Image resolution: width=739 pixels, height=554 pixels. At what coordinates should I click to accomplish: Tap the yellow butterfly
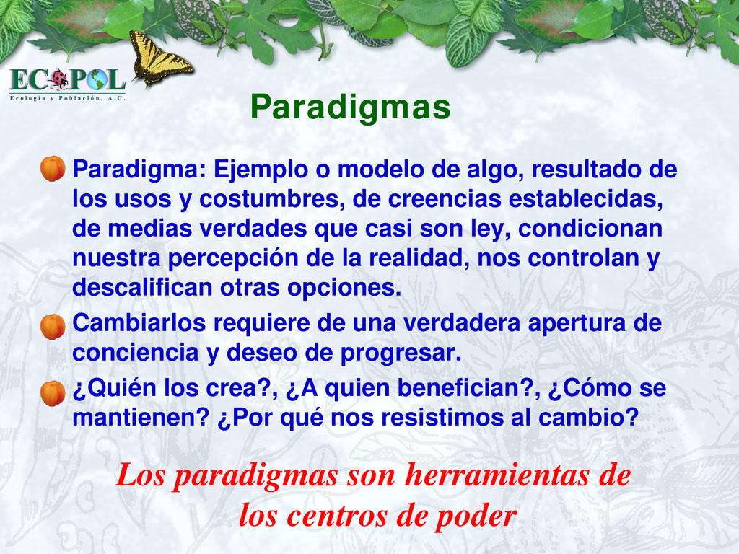(x=159, y=58)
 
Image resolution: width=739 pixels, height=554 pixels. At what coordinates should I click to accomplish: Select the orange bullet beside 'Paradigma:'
(x=53, y=169)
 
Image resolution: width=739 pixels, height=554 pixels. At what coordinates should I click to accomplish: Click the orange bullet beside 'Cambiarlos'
(x=53, y=327)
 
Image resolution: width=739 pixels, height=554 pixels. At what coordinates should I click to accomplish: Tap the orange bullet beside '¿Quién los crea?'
(x=53, y=393)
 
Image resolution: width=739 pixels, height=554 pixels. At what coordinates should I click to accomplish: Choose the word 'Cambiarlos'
(x=139, y=323)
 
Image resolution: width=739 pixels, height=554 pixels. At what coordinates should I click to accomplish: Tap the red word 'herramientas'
(x=497, y=475)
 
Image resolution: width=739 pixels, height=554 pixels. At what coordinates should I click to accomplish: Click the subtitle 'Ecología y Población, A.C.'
(x=67, y=98)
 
